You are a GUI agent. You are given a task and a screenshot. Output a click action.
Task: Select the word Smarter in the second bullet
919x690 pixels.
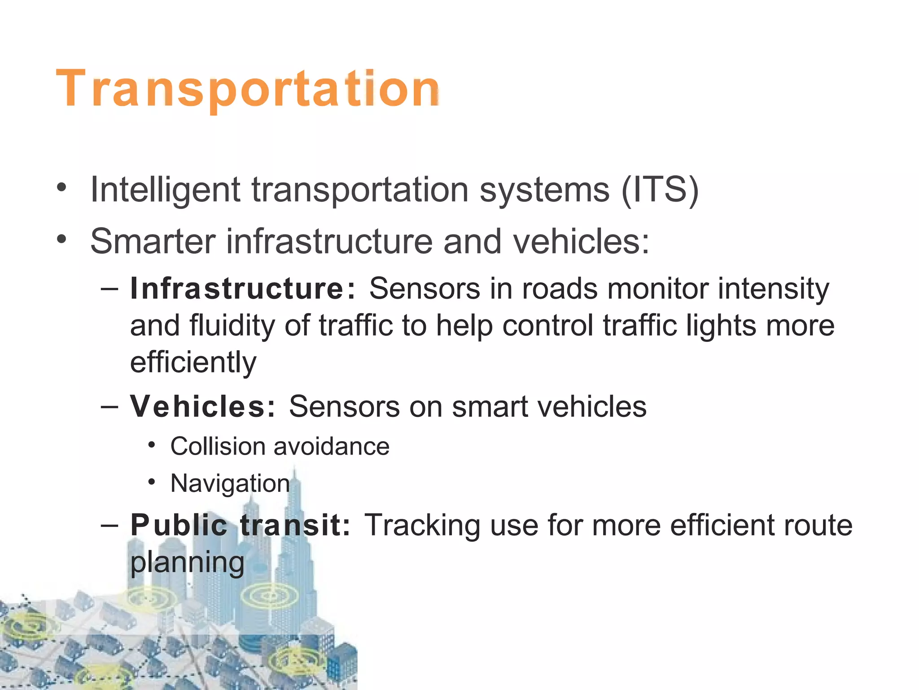[153, 241]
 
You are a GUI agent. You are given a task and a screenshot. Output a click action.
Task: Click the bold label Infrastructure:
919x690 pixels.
[243, 288]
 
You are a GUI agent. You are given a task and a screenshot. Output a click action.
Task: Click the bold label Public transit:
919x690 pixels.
[240, 525]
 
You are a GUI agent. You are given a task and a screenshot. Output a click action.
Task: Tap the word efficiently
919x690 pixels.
[193, 362]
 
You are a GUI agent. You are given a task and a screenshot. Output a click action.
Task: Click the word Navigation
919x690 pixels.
[230, 483]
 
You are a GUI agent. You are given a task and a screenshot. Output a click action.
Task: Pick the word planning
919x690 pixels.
[187, 562]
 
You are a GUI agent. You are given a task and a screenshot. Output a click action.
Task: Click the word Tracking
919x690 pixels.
[422, 525]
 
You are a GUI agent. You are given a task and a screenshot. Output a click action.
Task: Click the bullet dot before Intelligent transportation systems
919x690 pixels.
[61, 187]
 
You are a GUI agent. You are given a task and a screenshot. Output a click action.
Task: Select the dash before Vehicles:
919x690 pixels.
[110, 407]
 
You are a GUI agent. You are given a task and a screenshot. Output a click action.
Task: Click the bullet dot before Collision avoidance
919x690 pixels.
[152, 445]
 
